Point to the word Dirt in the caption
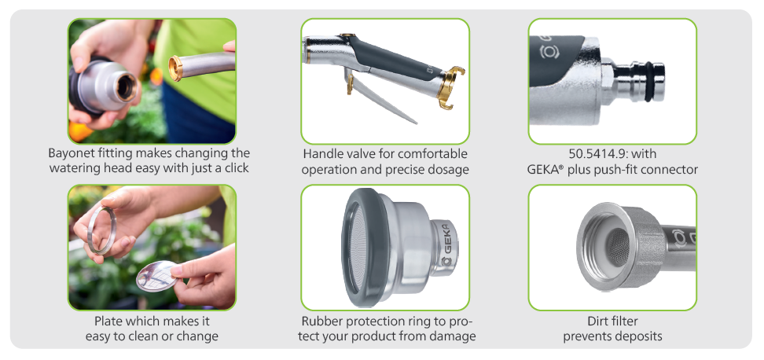coord(599,321)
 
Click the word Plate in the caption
coord(108,321)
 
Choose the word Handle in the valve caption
coord(322,153)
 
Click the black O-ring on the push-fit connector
coord(649,82)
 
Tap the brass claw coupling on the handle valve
coord(450,88)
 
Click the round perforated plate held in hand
coord(157,276)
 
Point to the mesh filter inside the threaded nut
coord(619,247)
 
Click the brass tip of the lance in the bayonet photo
coord(175,68)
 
